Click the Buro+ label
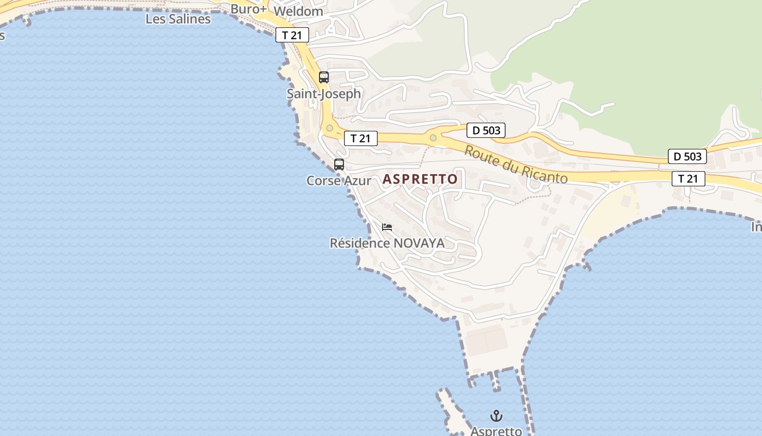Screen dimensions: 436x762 click(x=248, y=9)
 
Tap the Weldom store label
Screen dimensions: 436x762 click(x=298, y=11)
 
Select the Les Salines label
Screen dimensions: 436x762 click(x=178, y=19)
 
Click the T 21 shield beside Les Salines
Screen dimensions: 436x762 click(x=292, y=35)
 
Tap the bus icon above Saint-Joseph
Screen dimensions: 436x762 click(x=324, y=77)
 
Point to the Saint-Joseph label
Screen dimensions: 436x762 click(x=324, y=94)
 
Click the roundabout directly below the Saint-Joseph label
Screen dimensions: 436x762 click(x=329, y=129)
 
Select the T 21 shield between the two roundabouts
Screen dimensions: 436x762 click(x=360, y=138)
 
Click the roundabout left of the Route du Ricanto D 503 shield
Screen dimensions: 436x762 click(x=433, y=137)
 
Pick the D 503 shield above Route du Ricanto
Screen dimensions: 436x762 click(x=486, y=130)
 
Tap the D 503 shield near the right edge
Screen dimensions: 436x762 click(x=687, y=156)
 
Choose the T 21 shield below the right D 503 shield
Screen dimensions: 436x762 click(x=688, y=178)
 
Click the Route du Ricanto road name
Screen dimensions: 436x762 click(x=515, y=165)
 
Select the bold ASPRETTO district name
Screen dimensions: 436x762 click(x=420, y=179)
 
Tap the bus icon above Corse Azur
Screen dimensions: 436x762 click(x=339, y=165)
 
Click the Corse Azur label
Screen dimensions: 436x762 click(x=339, y=180)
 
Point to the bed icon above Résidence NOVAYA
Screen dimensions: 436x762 click(x=387, y=227)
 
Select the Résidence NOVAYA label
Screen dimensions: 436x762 click(x=387, y=243)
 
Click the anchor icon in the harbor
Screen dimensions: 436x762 click(x=496, y=416)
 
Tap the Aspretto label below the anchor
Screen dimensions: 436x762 click(x=496, y=431)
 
